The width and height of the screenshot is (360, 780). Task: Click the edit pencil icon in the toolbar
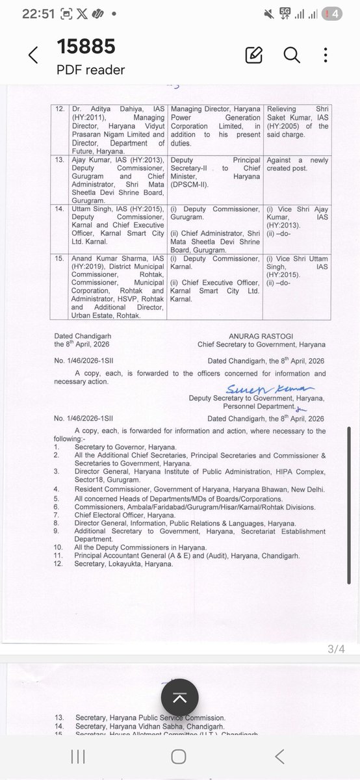pos(253,55)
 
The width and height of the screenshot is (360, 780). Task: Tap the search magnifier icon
pos(291,55)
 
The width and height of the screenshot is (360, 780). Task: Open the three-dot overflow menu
pos(329,55)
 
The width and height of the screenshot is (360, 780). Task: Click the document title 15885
pos(86,47)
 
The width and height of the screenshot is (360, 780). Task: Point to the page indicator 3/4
pos(337,649)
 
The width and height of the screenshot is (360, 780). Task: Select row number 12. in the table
pos(60,108)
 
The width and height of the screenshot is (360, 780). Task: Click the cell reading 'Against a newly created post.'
pos(296,164)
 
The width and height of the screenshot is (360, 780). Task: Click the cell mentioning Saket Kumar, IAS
pos(296,122)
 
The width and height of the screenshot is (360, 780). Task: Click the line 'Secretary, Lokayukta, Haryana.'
pos(123,564)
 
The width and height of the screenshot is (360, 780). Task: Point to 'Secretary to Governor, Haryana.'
pos(125,447)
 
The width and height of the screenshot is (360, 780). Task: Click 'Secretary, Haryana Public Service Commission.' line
pos(149,718)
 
